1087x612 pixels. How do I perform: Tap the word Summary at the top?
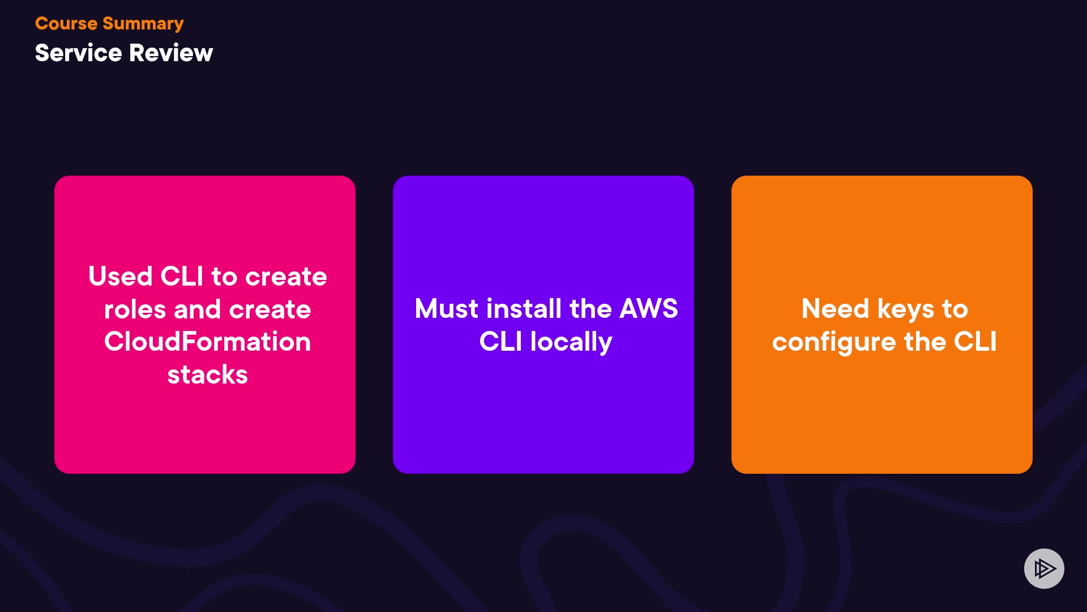pos(143,24)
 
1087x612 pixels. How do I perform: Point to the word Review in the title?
pos(171,53)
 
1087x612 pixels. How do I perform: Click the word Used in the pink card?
pos(121,277)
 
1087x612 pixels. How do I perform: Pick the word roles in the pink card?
pos(135,309)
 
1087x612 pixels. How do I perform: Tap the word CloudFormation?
pos(207,342)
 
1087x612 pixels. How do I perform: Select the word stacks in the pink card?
pos(207,375)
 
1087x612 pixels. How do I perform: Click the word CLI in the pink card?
pos(182,277)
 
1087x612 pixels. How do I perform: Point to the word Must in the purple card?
pos(447,309)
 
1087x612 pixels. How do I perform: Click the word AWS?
pos(649,309)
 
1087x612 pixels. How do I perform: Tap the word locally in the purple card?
pos(571,342)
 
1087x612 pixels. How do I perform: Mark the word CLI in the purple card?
pos(500,342)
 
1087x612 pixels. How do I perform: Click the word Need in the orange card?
pos(835,309)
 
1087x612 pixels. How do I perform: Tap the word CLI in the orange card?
pos(975,342)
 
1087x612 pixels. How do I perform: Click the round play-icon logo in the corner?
pos(1044,568)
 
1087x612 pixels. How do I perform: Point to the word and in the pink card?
pos(197,309)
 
